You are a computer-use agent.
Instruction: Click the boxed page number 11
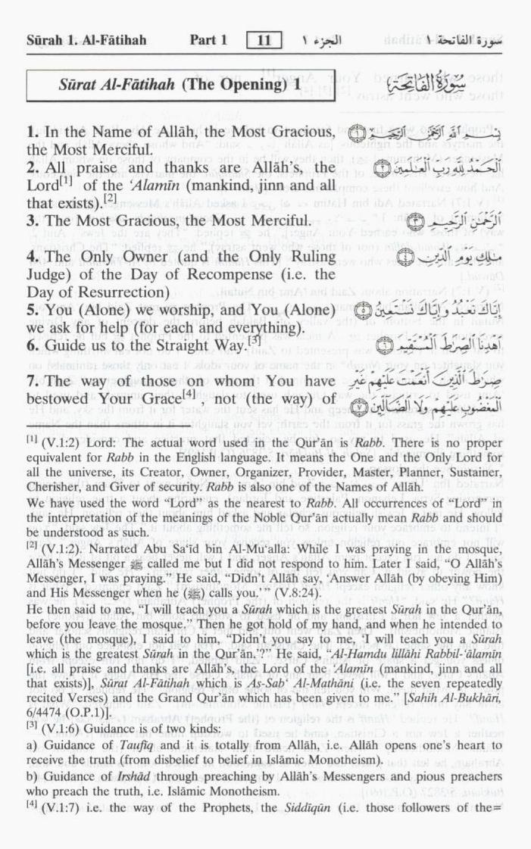(x=264, y=40)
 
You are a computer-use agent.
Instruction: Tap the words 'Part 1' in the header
(x=208, y=40)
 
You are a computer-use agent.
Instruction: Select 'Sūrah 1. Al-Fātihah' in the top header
(x=86, y=40)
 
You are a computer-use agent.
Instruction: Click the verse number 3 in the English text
(x=31, y=221)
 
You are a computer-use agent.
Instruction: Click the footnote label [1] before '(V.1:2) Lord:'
(x=33, y=439)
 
